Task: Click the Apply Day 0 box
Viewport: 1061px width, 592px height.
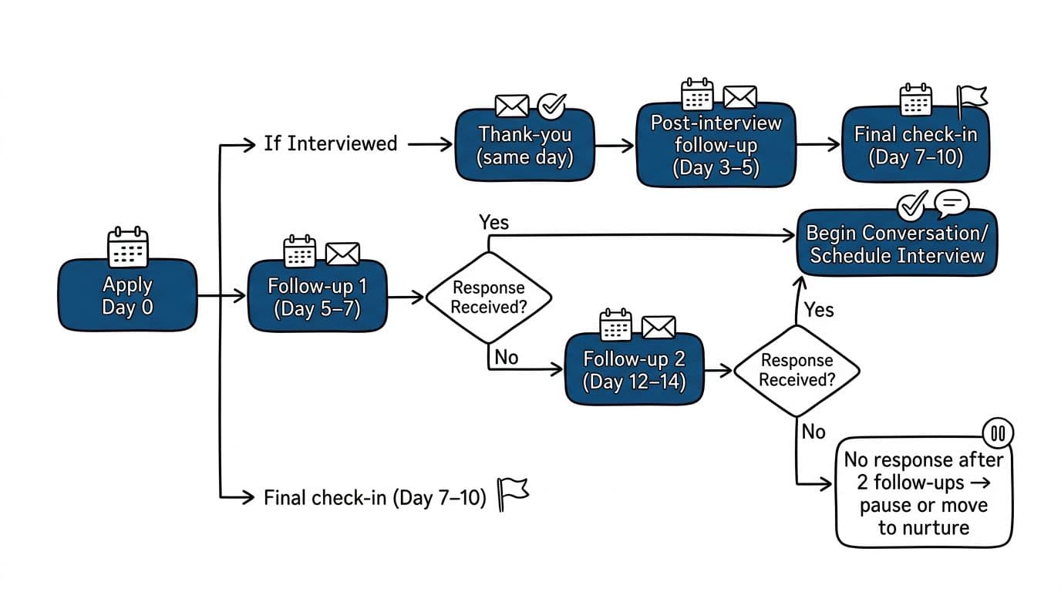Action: coord(127,296)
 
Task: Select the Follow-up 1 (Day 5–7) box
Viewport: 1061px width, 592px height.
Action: coord(317,298)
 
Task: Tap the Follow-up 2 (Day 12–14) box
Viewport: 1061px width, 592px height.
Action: coord(634,369)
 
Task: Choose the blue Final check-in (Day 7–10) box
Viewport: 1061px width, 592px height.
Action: coord(914,146)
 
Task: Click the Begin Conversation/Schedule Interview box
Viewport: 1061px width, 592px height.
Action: coord(896,244)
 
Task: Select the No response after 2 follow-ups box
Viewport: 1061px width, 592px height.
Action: coord(923,493)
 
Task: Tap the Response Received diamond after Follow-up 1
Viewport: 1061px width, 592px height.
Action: coord(488,298)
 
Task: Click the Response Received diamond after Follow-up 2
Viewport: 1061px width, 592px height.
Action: coord(796,370)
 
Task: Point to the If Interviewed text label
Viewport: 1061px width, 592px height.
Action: coord(330,143)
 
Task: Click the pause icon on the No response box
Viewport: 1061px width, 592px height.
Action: coord(998,434)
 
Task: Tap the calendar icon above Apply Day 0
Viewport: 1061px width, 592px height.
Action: coord(127,247)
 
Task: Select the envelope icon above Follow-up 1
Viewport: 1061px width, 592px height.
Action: coord(342,254)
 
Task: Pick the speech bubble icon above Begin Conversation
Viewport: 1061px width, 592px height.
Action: coord(951,203)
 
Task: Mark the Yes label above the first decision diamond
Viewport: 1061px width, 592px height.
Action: coord(493,222)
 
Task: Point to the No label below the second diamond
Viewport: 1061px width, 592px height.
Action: coord(813,432)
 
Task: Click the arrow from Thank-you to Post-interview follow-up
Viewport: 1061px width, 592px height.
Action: coord(614,144)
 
